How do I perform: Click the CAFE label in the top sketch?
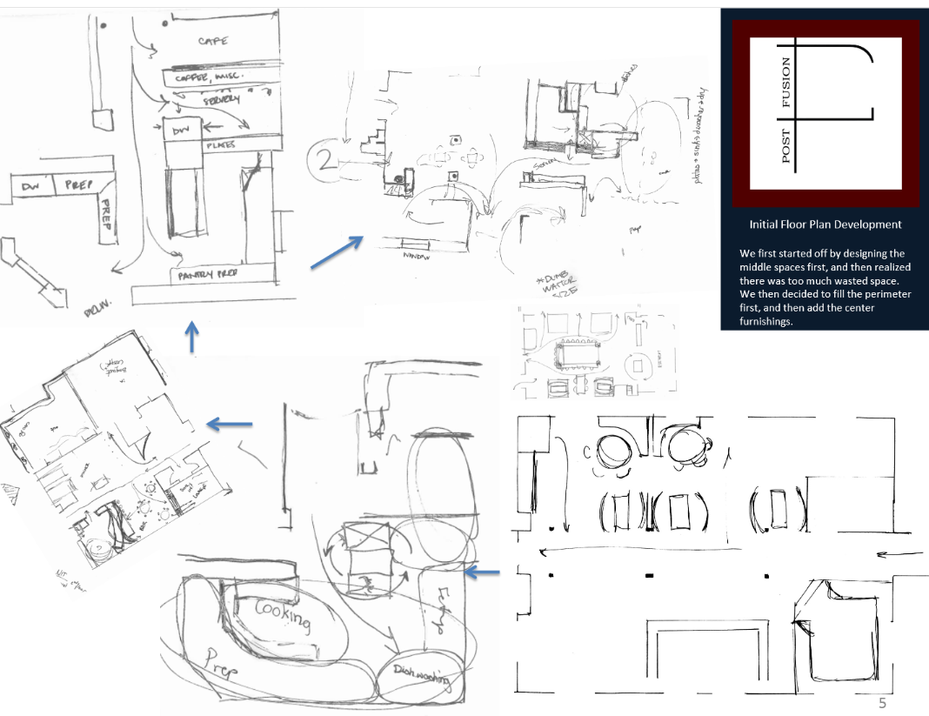coord(213,41)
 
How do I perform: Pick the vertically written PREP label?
coord(103,210)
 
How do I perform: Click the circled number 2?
coord(324,160)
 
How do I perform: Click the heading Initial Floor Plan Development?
coord(825,224)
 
